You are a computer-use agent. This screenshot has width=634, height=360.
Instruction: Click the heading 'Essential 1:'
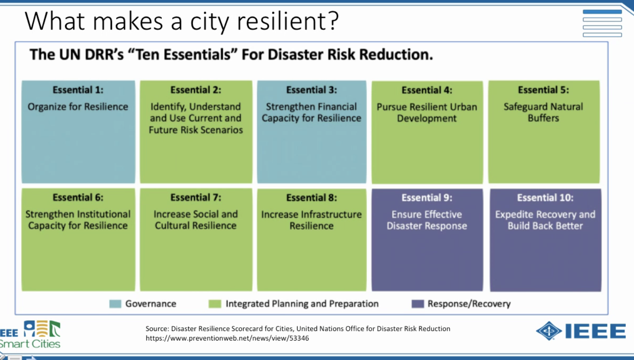(78, 90)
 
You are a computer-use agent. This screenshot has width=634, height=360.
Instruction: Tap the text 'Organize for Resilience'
(78, 107)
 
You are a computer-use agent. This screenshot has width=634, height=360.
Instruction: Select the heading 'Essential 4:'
(427, 90)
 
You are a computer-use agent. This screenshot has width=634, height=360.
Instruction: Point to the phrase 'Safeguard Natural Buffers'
(543, 112)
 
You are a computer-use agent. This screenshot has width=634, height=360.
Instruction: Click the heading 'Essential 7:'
(195, 197)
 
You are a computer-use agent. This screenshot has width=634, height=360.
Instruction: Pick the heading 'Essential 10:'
(545, 198)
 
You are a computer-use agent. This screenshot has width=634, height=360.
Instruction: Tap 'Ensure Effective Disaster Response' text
(427, 220)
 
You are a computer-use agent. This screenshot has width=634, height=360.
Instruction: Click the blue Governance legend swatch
(115, 304)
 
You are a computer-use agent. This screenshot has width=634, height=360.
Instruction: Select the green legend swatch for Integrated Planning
(215, 304)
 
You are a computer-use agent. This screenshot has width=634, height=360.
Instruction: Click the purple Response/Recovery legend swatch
(418, 304)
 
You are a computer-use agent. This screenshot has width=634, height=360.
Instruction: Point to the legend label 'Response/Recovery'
(469, 304)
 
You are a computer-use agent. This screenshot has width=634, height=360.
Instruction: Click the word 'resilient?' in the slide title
(288, 21)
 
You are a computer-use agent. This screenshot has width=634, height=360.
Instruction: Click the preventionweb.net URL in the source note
(227, 338)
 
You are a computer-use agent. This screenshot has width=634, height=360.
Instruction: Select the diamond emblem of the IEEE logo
(549, 331)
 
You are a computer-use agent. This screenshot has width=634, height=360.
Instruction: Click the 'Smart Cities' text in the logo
(30, 343)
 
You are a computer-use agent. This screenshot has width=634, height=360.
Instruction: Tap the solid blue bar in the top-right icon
(602, 12)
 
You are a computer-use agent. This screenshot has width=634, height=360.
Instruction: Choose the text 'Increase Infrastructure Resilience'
(311, 220)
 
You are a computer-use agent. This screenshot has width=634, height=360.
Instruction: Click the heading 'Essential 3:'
(311, 90)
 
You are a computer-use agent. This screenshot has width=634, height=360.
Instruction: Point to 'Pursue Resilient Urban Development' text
(427, 113)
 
